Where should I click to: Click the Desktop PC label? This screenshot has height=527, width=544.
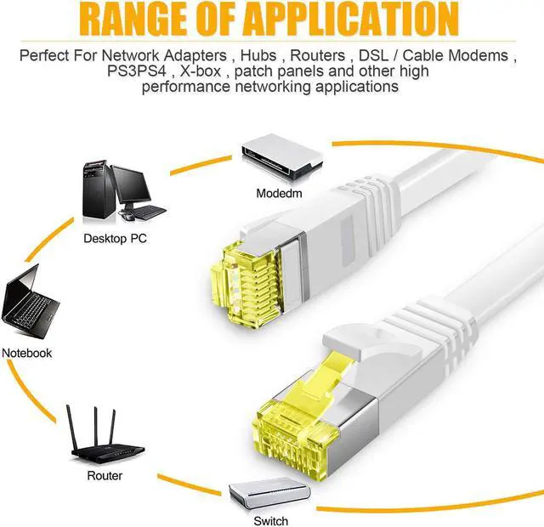(x=115, y=239)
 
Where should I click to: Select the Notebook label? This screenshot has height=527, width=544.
(x=27, y=353)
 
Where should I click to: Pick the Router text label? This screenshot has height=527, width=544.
(x=105, y=476)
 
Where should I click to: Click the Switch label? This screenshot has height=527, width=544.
(x=270, y=521)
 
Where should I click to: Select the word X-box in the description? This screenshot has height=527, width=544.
(x=201, y=71)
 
